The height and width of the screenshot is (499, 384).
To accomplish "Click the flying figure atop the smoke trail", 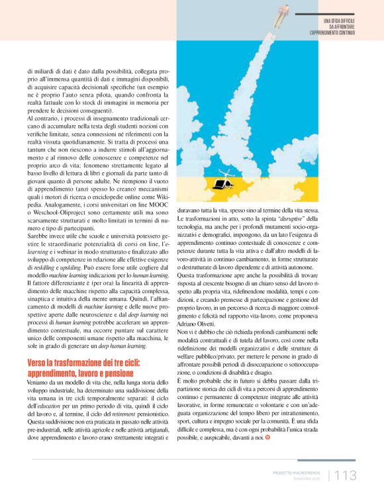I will pyautogui.click(x=282, y=11).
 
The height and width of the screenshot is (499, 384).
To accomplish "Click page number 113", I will pyautogui.click(x=346, y=475).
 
